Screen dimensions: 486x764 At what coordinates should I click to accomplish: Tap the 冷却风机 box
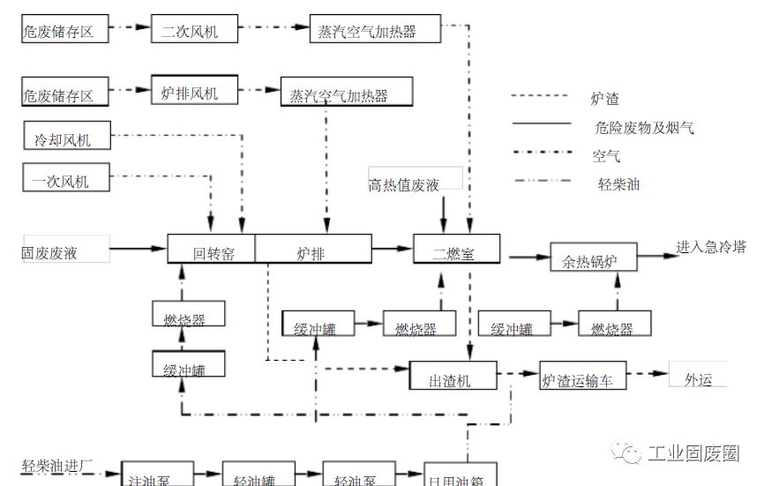click(67, 137)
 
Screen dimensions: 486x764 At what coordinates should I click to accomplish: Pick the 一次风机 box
click(67, 180)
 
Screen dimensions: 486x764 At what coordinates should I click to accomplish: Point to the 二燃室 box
click(456, 252)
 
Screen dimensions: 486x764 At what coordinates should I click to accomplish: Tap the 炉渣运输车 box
click(583, 380)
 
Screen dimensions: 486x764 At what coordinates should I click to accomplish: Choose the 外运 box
click(699, 378)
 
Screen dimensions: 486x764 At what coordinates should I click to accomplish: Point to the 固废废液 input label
click(49, 253)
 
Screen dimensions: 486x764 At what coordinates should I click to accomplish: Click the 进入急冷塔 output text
click(711, 247)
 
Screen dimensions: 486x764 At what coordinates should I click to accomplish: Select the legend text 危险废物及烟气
click(644, 128)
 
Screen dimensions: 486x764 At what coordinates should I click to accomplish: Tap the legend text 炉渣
click(605, 99)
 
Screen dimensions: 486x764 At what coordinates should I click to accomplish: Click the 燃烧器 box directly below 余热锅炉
click(614, 327)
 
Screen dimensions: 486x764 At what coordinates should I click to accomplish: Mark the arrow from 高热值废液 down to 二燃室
click(444, 215)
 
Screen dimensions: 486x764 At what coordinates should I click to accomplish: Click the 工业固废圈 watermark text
click(693, 453)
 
